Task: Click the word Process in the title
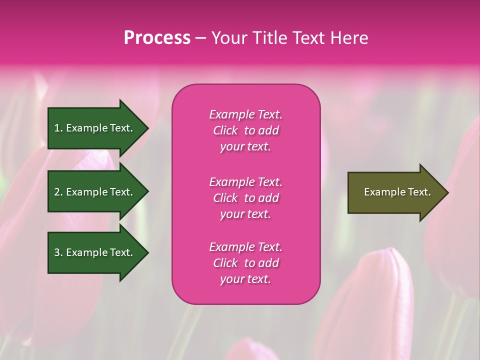click(x=157, y=38)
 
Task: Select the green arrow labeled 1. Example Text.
click(x=95, y=128)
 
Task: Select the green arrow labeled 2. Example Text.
click(x=95, y=192)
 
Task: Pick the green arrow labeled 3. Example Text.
click(x=95, y=252)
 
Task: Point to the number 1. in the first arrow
click(x=58, y=128)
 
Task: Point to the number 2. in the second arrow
click(x=58, y=192)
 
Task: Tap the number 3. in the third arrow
click(x=58, y=252)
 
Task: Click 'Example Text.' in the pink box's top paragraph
click(x=245, y=114)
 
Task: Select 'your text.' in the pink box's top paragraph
click(x=245, y=147)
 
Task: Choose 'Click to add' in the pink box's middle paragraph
click(x=245, y=198)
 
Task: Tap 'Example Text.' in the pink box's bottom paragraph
click(x=245, y=247)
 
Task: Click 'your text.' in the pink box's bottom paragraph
click(x=245, y=279)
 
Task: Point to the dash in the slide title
click(x=200, y=38)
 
